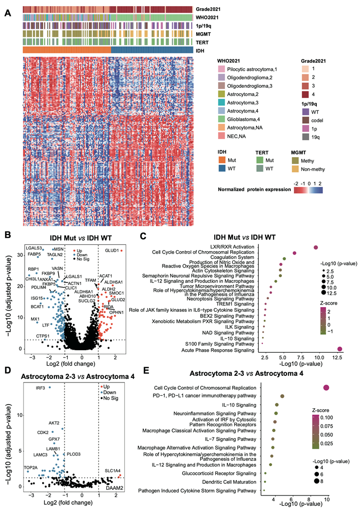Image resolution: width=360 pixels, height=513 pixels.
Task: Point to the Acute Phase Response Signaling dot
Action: point(339,349)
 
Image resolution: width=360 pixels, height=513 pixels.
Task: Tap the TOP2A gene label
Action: point(31,467)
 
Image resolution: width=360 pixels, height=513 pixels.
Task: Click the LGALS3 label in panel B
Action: point(34,248)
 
